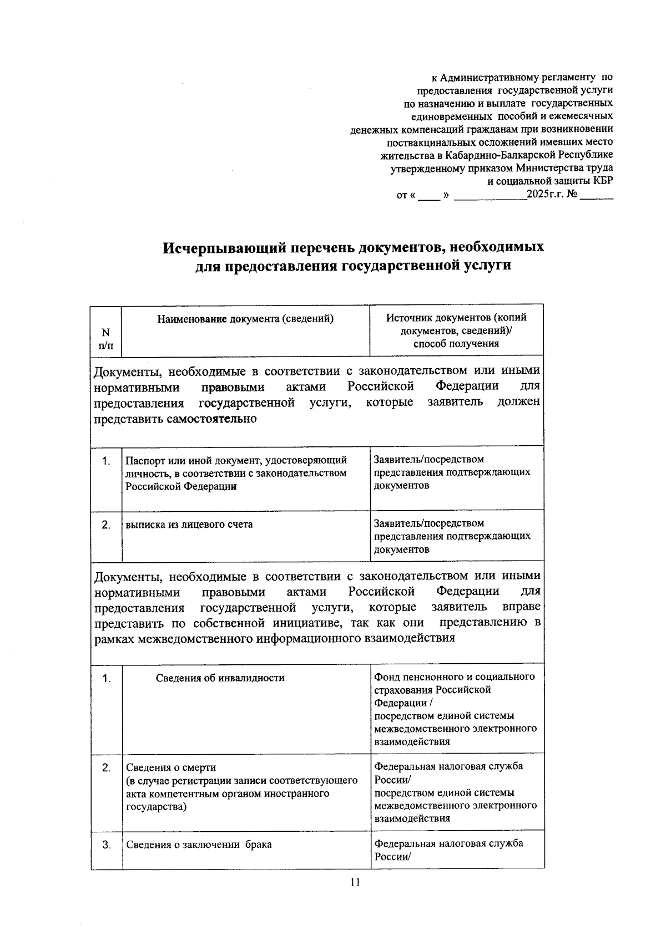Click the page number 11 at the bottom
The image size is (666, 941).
[x=356, y=882]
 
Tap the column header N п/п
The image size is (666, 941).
[x=105, y=339]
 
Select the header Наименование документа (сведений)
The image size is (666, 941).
[x=245, y=319]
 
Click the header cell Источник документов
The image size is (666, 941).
[x=456, y=330]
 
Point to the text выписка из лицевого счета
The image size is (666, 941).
[x=189, y=524]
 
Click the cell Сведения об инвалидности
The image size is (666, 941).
[x=220, y=678]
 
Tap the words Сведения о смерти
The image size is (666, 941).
[x=171, y=767]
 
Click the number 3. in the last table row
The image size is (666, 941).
[x=106, y=845]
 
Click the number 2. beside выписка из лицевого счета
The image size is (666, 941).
[x=106, y=525]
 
